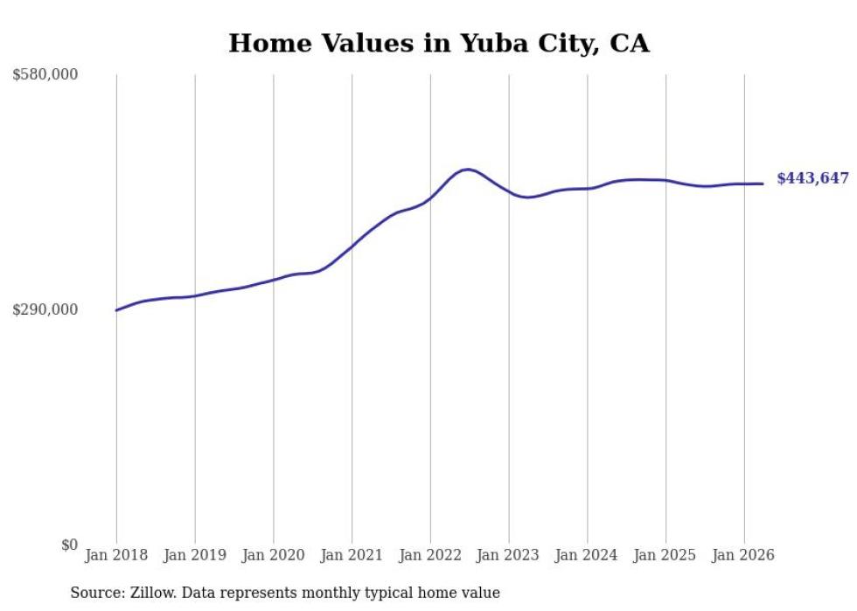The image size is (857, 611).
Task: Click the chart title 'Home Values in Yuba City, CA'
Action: pos(439,43)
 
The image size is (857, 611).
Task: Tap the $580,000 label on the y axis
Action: pos(45,74)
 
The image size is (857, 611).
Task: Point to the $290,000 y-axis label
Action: pos(45,309)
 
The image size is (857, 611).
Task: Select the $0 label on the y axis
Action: pos(69,545)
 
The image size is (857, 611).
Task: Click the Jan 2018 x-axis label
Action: pos(116,555)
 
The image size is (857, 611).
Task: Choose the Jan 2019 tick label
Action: pos(195,555)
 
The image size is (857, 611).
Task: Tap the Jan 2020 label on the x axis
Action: pos(273,555)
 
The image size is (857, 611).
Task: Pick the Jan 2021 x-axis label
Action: pos(352,555)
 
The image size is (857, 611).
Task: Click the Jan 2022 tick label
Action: pos(430,555)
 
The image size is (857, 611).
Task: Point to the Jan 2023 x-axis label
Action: pos(509,555)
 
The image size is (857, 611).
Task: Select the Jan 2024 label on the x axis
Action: pos(588,555)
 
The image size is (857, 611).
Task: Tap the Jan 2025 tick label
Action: pos(665,555)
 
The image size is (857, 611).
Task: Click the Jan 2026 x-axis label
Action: pos(744,555)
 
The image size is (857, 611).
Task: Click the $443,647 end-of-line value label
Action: pos(812,178)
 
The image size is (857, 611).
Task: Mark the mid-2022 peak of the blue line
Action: pos(467,170)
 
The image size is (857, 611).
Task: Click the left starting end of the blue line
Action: pos(116,310)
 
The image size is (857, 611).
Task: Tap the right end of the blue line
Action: pos(763,184)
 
